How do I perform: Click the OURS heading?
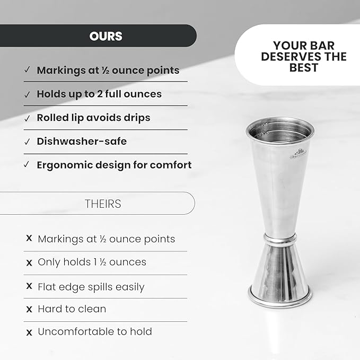pos(106,36)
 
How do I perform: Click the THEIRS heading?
pos(103,204)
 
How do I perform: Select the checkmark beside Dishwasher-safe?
pos(27,142)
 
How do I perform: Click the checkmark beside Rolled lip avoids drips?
pos(27,118)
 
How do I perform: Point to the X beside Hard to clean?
pos(29,309)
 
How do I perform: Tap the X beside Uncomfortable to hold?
pos(29,332)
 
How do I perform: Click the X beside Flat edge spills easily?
pos(29,286)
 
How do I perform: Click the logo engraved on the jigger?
pos(298,154)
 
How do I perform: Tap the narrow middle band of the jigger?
pos(280,240)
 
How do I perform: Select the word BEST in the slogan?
pos(304,68)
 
